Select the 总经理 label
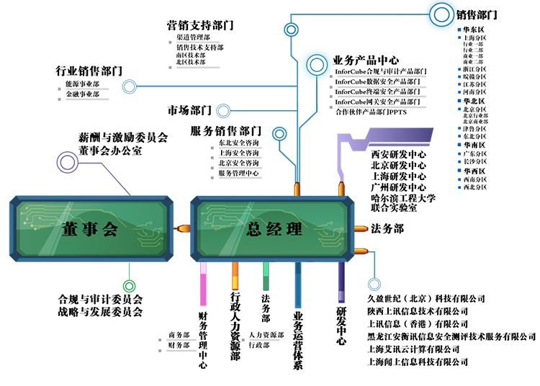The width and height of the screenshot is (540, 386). (274, 230)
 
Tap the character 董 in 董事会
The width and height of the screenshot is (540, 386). (69, 230)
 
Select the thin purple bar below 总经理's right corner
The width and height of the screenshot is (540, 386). (343, 284)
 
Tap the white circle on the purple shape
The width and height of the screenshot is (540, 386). (68, 163)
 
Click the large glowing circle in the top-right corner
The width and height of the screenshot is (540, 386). (440, 14)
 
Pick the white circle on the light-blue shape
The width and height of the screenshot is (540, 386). (316, 66)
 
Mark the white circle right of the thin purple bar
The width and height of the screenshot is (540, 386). (374, 284)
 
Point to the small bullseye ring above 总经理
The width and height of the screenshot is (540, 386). (280, 135)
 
